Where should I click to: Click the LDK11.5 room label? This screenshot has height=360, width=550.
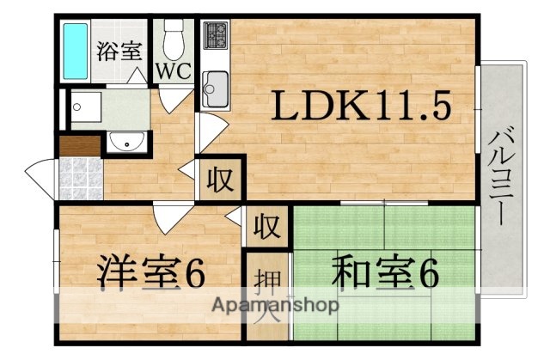pyautogui.click(x=362, y=107)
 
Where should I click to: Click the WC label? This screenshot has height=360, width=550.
pyautogui.click(x=173, y=71)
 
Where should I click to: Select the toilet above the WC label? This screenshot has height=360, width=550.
pyautogui.click(x=174, y=38)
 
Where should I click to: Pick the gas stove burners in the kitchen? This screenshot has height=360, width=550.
pyautogui.click(x=215, y=37)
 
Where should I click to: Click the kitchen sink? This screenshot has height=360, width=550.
pyautogui.click(x=214, y=86)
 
